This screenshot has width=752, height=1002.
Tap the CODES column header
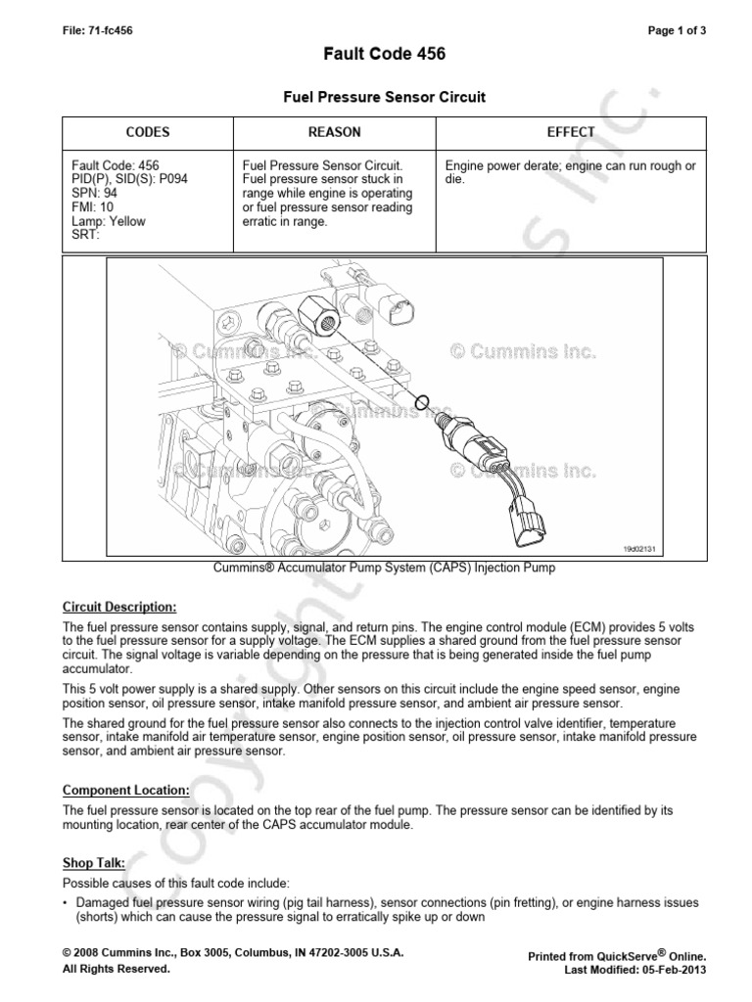(x=148, y=132)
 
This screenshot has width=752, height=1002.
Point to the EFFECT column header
(x=571, y=132)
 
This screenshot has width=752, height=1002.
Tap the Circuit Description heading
(x=119, y=607)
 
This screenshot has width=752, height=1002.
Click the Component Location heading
(x=126, y=789)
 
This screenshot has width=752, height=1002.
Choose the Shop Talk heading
(x=95, y=862)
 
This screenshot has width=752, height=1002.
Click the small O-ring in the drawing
(x=423, y=401)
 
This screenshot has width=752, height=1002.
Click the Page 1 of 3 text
(x=677, y=30)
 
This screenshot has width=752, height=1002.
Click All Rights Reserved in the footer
(x=116, y=969)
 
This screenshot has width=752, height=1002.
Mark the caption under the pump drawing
(x=376, y=569)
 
